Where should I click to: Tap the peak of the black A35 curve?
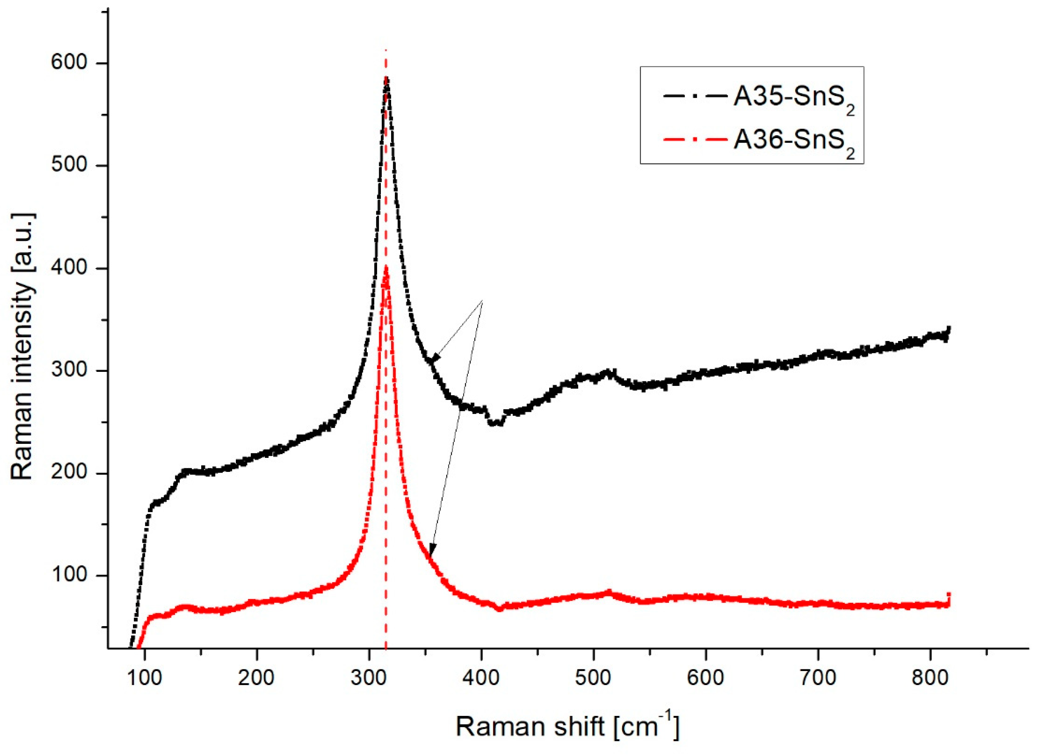pyautogui.click(x=387, y=79)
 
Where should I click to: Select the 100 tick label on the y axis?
pyautogui.click(x=68, y=576)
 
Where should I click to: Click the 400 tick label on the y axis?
pyautogui.click(x=68, y=268)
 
